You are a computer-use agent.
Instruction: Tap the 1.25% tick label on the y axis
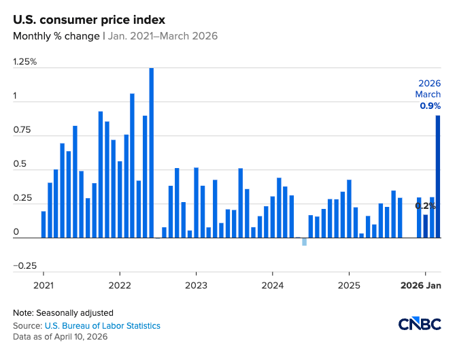coord(25,62)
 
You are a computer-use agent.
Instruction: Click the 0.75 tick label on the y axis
coord(22,130)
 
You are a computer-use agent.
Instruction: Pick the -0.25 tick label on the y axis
coord(24,266)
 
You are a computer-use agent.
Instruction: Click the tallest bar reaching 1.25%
coord(151,153)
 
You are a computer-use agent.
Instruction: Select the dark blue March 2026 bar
coord(438,177)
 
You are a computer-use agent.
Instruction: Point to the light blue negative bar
coord(304,242)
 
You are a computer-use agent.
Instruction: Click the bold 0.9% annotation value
coord(430,106)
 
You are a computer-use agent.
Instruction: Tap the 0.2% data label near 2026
coord(426,206)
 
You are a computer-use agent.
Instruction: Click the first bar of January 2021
coord(44,225)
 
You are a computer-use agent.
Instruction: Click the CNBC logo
coord(418,324)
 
